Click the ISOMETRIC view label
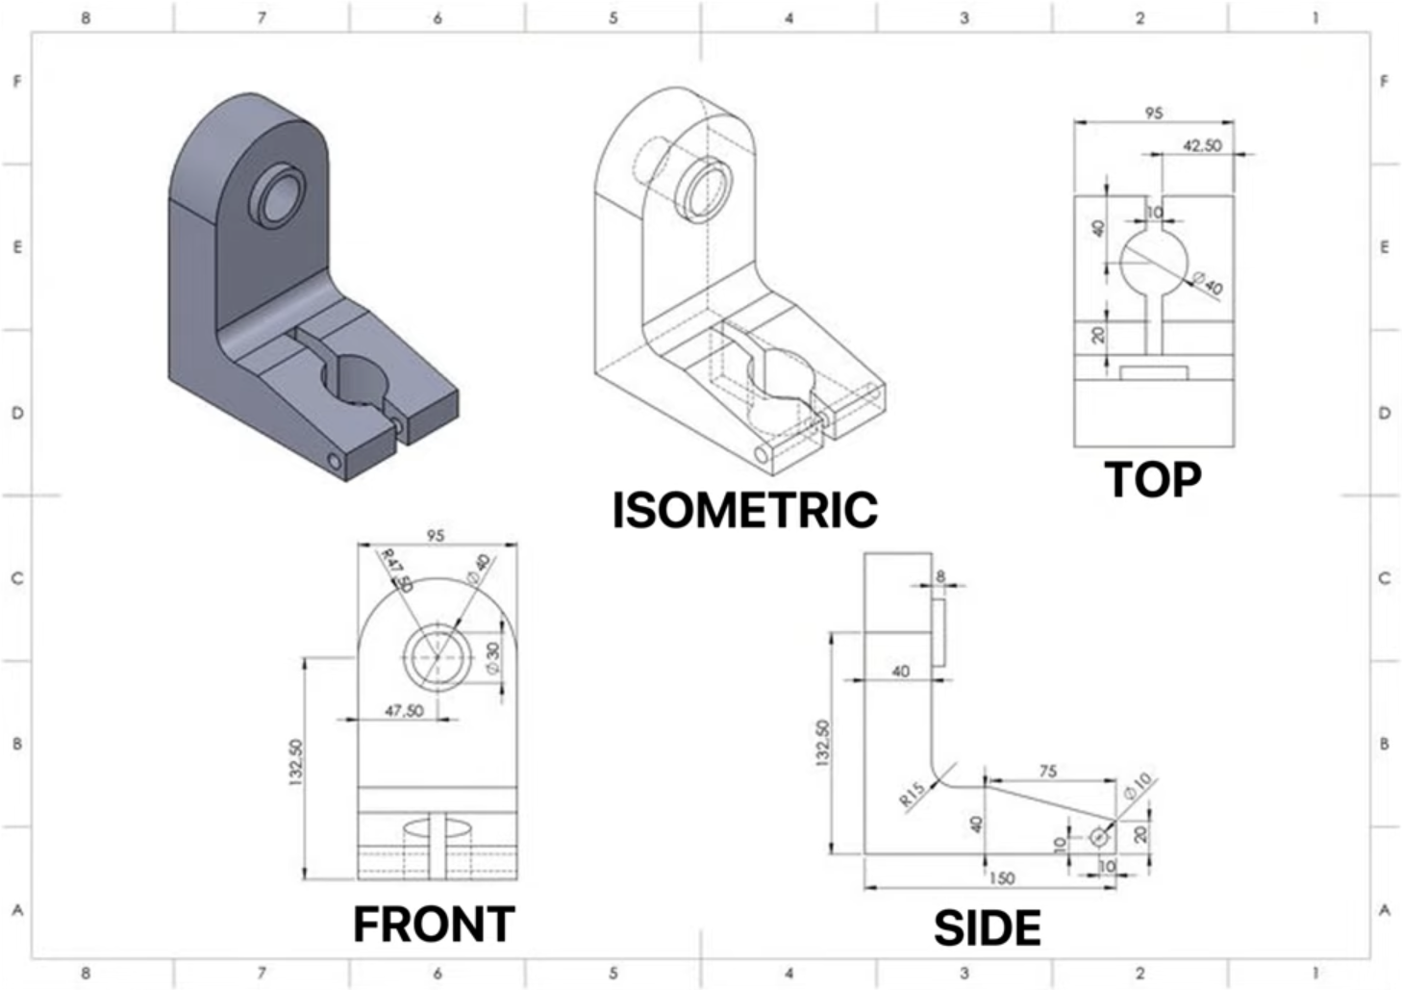[745, 510]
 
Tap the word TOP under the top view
[1152, 479]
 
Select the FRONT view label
[434, 925]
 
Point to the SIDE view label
[988, 928]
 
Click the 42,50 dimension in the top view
[1202, 145]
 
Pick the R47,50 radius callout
[395, 570]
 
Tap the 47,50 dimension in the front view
[404, 710]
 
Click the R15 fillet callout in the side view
[912, 793]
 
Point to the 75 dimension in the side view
[1048, 771]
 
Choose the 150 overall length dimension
[1001, 877]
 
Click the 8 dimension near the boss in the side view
[940, 576]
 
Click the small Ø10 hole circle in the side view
[1099, 838]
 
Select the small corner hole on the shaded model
[335, 463]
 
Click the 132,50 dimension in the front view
[295, 761]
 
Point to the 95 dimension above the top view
[1153, 113]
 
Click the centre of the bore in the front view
[438, 656]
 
